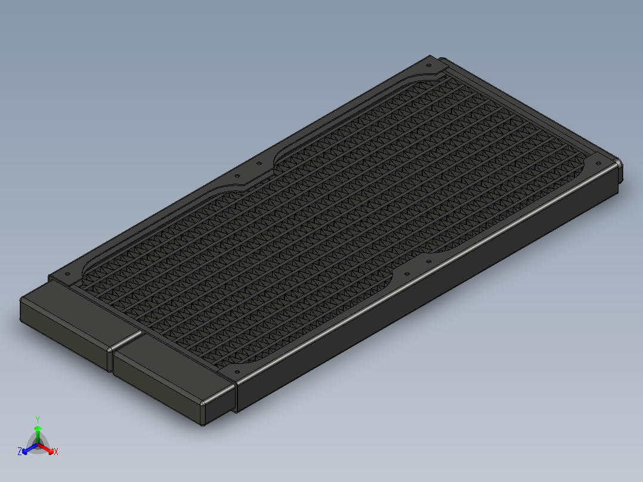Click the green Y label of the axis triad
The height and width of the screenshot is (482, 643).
(x=38, y=419)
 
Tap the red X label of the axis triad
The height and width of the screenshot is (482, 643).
(x=56, y=452)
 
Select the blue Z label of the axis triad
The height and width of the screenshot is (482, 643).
(x=20, y=452)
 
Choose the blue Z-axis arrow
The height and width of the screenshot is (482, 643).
(x=27, y=449)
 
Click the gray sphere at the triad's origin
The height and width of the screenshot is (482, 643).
(x=38, y=445)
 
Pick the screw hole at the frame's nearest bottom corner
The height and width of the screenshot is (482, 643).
(x=236, y=370)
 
